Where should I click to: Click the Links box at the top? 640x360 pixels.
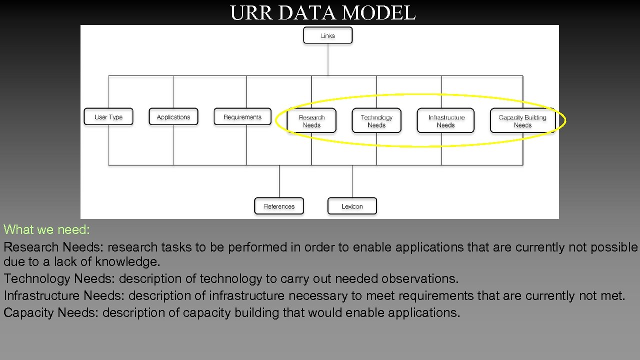click(x=327, y=35)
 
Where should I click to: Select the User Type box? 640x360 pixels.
click(x=108, y=117)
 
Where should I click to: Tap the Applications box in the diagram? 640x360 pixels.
click(x=173, y=117)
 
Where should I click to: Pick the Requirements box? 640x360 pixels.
click(x=242, y=117)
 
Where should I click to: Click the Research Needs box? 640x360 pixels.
click(x=311, y=121)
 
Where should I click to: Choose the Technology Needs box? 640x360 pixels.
click(x=376, y=121)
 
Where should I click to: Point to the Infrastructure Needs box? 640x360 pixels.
click(x=446, y=121)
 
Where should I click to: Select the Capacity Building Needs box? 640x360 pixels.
click(x=522, y=121)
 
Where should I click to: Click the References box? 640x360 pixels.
click(x=279, y=206)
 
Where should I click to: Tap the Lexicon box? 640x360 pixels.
click(x=352, y=206)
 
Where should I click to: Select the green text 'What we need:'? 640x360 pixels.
click(x=46, y=230)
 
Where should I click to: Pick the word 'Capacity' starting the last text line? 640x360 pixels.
click(x=29, y=313)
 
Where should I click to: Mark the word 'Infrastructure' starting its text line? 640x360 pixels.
click(x=41, y=296)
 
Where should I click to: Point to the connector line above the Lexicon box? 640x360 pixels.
click(x=352, y=181)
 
